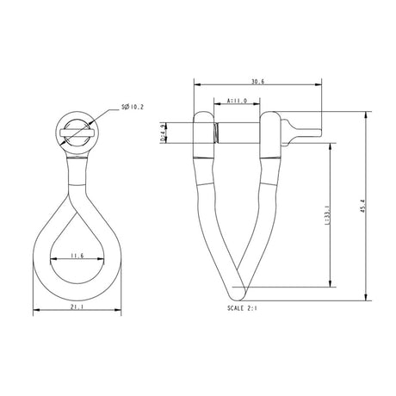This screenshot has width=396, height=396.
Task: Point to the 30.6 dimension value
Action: (x=257, y=81)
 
